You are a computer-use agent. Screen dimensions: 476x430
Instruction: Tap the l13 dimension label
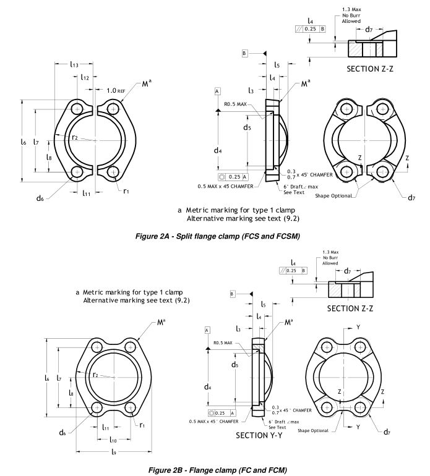(x=75, y=64)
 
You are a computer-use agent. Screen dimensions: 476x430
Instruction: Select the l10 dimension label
(x=113, y=440)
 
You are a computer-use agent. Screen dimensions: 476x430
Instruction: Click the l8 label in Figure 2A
(x=49, y=157)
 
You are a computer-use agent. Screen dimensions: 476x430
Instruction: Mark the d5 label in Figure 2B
(x=234, y=365)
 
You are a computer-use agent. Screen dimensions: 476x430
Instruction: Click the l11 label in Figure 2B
(x=106, y=427)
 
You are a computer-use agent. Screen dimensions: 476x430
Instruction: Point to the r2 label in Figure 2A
(x=75, y=137)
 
